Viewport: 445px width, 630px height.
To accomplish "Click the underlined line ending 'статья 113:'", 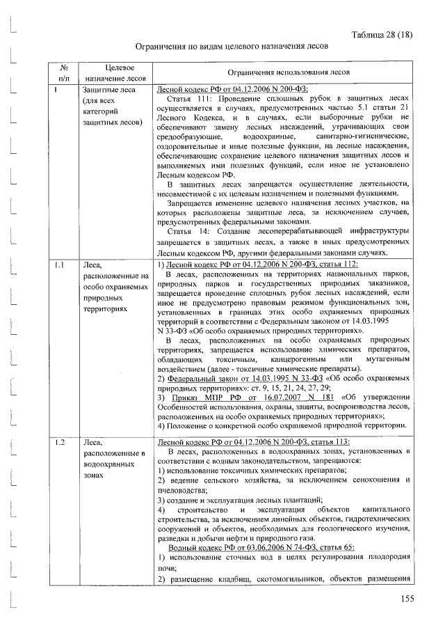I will [x=254, y=442].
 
